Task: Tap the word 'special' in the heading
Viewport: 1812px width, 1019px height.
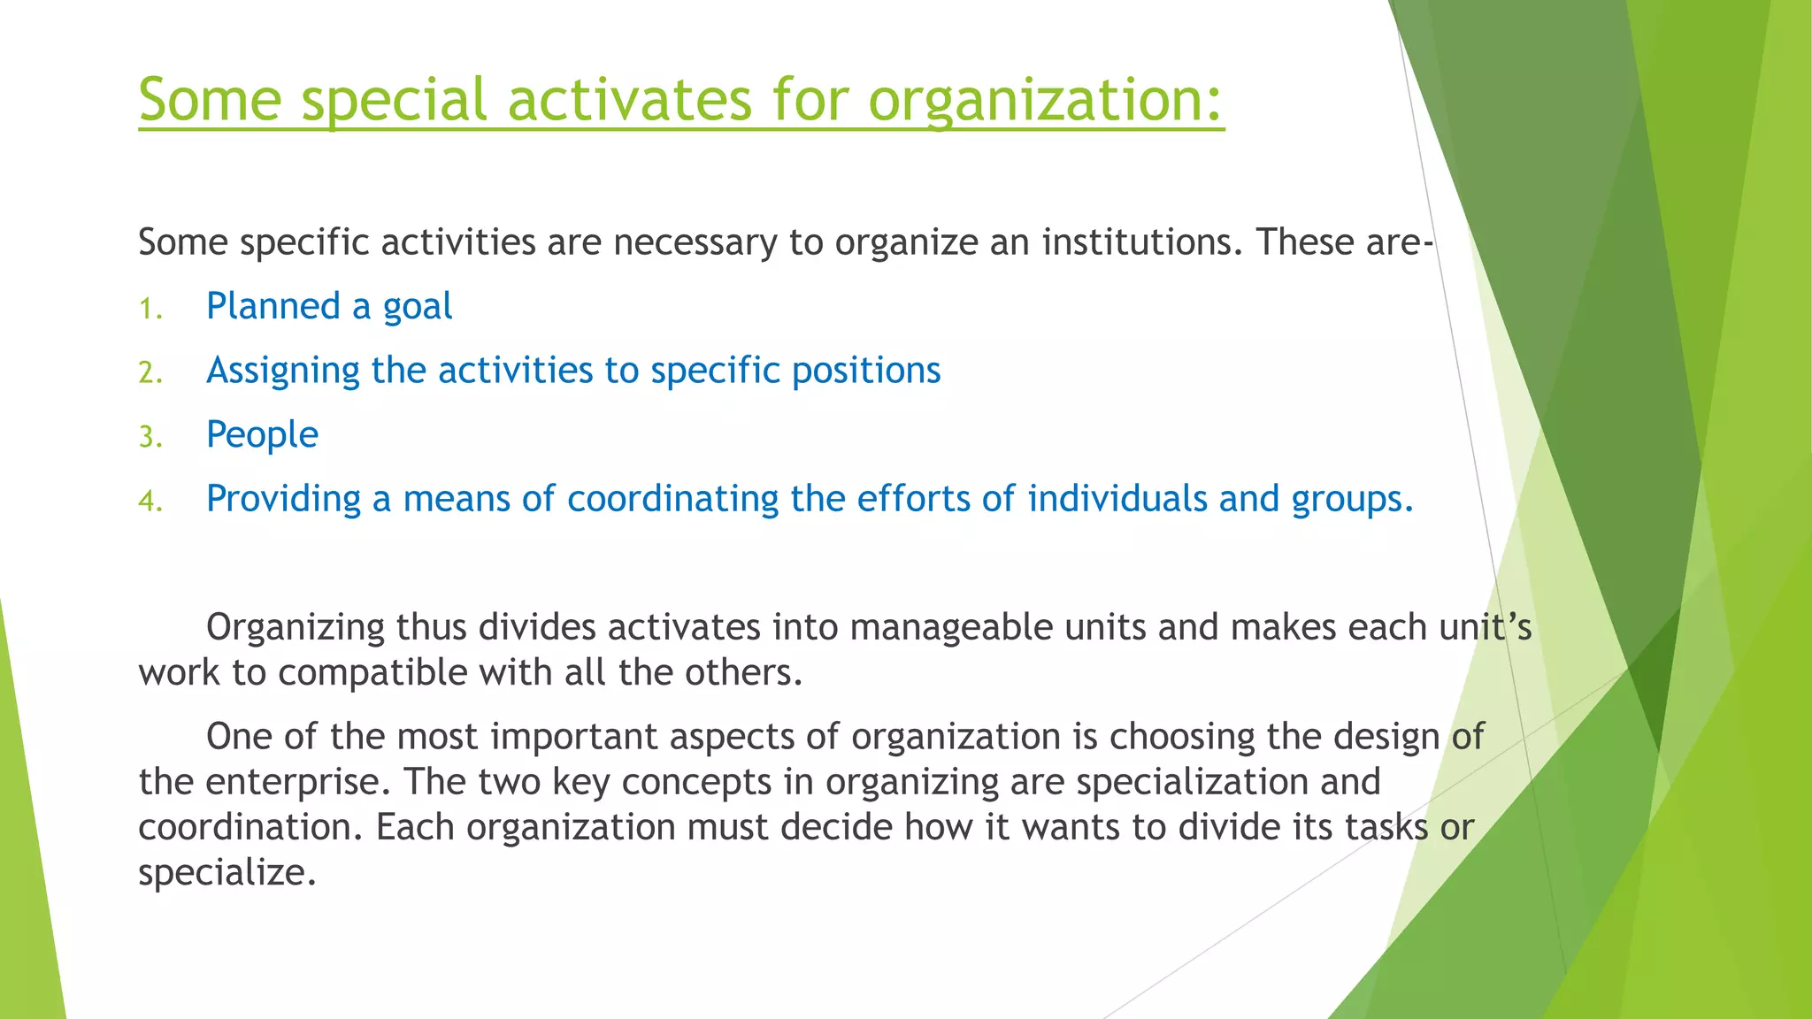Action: tap(394, 100)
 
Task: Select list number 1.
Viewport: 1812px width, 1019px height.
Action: tap(150, 309)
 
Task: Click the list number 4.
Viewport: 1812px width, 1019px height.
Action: tap(150, 502)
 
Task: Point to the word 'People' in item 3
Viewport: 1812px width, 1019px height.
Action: tap(262, 435)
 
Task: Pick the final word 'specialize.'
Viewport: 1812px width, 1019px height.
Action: tap(227, 873)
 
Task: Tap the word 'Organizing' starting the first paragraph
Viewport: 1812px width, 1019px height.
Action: tap(296, 627)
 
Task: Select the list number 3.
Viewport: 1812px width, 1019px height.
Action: tap(150, 437)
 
